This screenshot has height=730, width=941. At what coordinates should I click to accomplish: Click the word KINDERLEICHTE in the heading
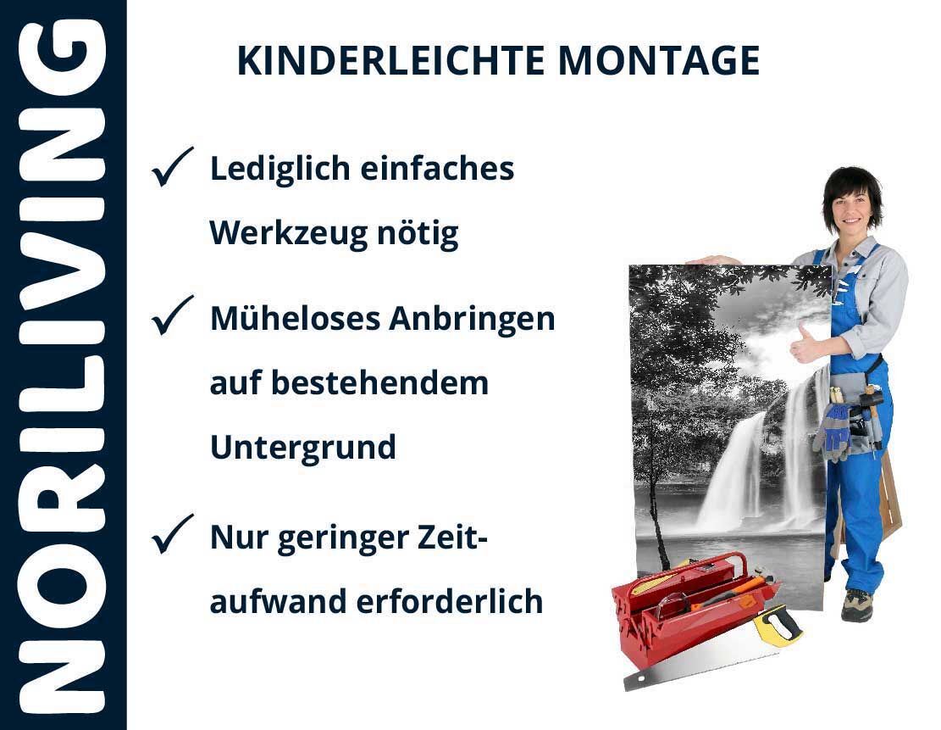point(390,60)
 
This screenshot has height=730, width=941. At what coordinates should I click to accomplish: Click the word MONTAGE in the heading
point(659,60)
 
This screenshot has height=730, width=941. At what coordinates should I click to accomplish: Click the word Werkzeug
point(289,234)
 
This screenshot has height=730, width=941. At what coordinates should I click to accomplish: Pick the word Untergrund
point(303,448)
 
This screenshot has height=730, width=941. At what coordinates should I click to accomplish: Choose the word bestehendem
point(380,382)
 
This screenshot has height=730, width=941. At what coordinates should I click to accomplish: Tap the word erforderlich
point(450,601)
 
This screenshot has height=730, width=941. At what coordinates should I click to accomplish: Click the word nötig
point(418,234)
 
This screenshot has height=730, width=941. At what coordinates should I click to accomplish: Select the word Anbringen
point(473,319)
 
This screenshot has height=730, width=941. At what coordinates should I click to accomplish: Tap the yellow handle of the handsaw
point(778,625)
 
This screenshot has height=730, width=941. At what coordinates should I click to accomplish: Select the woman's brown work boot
point(856,605)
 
